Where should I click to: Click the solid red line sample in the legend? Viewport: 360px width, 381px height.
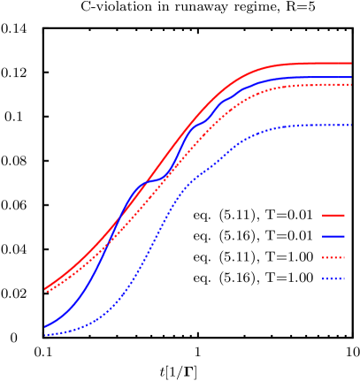(x=333, y=215)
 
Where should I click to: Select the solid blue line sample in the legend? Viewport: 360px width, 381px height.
(x=333, y=236)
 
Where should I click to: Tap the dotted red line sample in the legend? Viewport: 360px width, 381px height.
(x=333, y=258)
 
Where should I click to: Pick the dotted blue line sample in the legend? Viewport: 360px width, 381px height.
(x=333, y=279)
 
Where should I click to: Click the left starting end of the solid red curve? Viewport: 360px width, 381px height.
(x=45, y=288)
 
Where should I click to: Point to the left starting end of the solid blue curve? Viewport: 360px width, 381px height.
(x=45, y=326)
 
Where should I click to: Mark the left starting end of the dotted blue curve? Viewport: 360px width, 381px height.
(x=45, y=335)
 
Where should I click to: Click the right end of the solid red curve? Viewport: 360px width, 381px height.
(x=351, y=63)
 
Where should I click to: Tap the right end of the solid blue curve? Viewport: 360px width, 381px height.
(x=351, y=77)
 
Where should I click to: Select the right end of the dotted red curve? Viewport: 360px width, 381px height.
(x=351, y=85)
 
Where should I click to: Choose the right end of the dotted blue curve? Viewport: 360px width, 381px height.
(x=351, y=125)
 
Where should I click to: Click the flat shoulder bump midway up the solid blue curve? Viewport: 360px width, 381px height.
(x=152, y=181)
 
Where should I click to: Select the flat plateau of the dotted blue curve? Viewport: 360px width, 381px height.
(x=318, y=125)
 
